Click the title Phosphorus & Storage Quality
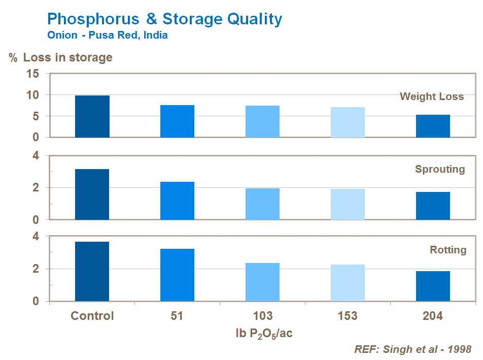click(x=164, y=19)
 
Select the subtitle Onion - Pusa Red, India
click(x=107, y=36)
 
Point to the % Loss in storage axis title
click(x=60, y=57)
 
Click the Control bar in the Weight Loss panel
click(x=92, y=116)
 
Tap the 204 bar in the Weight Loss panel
click(x=433, y=126)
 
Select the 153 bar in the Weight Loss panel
click(x=348, y=122)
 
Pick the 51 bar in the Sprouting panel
click(x=177, y=201)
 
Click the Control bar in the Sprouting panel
click(x=92, y=194)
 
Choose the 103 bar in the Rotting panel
click(x=262, y=282)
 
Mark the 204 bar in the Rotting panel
click(x=433, y=286)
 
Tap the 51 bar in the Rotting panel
click(x=177, y=275)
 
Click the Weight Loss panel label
click(x=431, y=96)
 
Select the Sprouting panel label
click(x=440, y=169)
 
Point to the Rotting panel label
click(x=448, y=250)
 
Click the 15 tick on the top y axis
click(x=33, y=74)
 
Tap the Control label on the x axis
click(x=92, y=316)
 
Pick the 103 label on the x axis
click(x=262, y=316)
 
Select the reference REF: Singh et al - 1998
click(x=412, y=349)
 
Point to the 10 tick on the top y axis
click(x=33, y=95)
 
